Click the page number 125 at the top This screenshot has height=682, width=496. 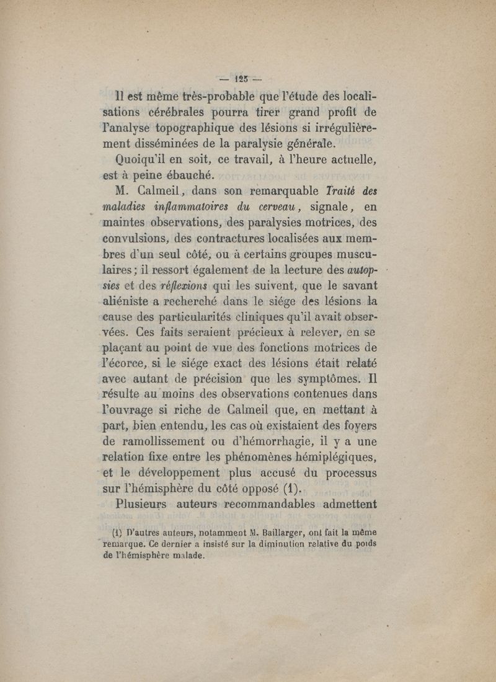point(242,79)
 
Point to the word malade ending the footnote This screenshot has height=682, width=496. point(184,556)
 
